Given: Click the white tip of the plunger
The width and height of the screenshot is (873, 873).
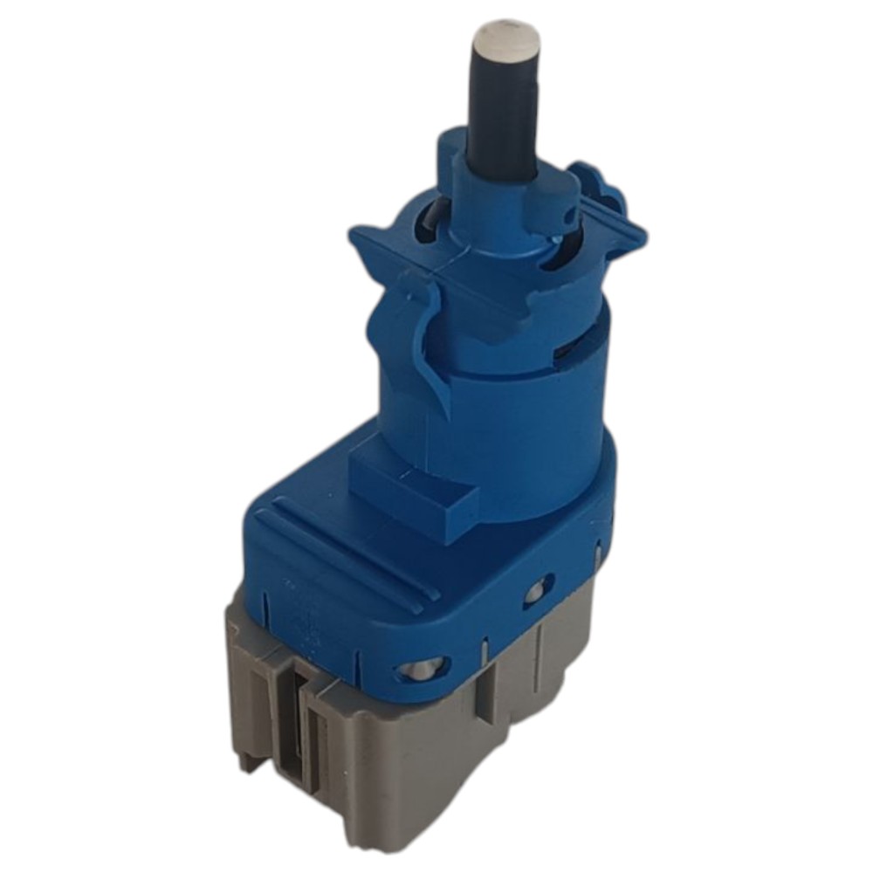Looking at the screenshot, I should point(504,37).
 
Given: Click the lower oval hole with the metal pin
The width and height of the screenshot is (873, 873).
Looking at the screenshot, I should point(421,670).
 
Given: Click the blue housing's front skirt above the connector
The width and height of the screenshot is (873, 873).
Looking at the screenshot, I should point(349,629).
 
